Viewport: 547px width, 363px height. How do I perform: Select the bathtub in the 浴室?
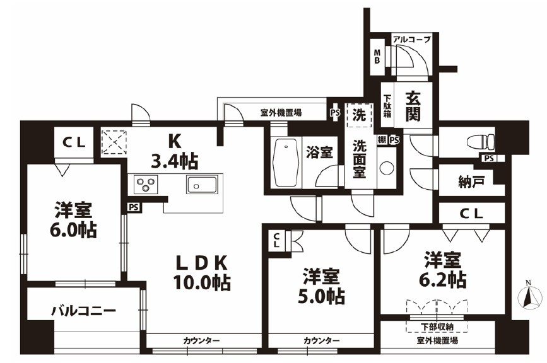pyautogui.click(x=286, y=162)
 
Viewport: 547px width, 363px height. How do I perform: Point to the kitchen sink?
pyautogui.click(x=201, y=185)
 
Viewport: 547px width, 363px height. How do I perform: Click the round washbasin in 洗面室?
pyautogui.click(x=386, y=169)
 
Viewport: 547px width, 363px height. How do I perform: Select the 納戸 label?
pyautogui.click(x=471, y=183)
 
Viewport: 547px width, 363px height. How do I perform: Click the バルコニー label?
pyautogui.click(x=83, y=311)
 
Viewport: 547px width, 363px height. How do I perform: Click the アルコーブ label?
pyautogui.click(x=411, y=39)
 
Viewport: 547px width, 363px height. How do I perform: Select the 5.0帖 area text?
pyautogui.click(x=321, y=295)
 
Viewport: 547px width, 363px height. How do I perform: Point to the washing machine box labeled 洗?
pyautogui.click(x=358, y=115)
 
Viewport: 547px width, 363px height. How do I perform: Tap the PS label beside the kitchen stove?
pyautogui.click(x=132, y=206)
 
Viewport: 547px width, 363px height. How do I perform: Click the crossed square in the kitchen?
pyautogui.click(x=114, y=141)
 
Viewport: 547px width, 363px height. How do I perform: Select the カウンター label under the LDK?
pyautogui.click(x=201, y=341)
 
